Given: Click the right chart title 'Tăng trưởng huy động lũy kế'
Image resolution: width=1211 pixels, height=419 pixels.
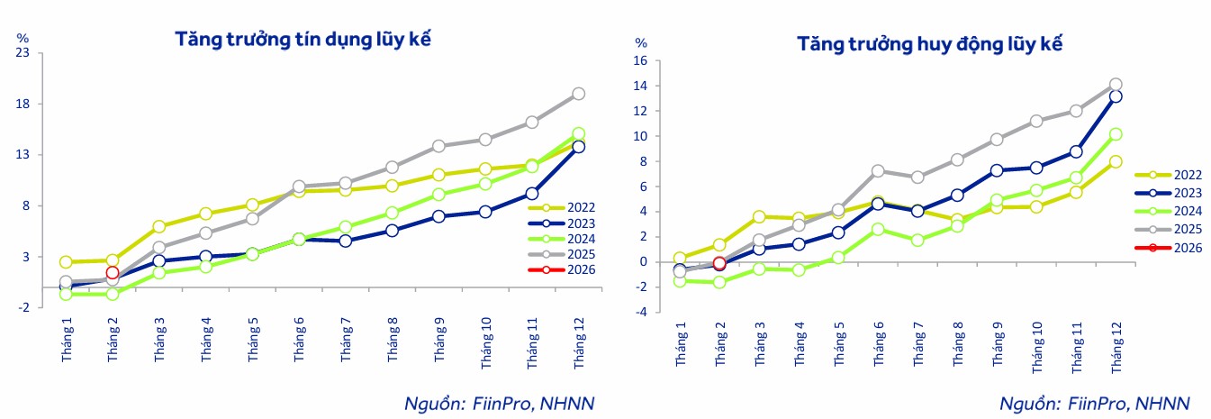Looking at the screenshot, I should coord(931,44).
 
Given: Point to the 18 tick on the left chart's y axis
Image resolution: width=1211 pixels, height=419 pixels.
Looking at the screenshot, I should coord(24,104).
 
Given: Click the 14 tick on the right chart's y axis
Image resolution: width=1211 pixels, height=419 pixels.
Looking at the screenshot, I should coord(641,86).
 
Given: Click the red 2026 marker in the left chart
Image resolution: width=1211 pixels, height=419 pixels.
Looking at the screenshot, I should coord(112,272).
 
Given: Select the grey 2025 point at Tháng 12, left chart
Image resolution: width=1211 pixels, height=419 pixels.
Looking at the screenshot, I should coord(578,94).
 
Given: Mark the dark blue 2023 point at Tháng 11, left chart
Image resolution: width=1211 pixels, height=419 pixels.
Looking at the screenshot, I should coord(532,194).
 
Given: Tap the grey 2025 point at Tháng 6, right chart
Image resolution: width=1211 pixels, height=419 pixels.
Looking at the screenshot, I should coord(879,170).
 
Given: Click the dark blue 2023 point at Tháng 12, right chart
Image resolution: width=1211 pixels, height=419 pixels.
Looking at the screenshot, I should coord(1115,96).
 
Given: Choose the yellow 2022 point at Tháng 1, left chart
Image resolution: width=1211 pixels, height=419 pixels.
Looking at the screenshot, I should coord(66,262).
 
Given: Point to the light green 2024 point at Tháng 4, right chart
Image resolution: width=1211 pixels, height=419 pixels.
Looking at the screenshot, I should coord(799,269).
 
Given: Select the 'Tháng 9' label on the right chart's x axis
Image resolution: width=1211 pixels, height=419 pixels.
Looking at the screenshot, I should coord(997,347).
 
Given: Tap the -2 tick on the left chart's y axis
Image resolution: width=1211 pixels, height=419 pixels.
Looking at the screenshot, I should coord(24,307).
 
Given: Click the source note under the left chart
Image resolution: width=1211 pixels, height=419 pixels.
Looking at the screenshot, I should coord(500,403).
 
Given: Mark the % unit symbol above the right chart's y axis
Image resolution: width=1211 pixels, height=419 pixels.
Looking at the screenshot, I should coord(641,42).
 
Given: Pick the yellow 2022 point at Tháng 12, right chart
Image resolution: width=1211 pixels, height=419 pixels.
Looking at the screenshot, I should coord(1115,162).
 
